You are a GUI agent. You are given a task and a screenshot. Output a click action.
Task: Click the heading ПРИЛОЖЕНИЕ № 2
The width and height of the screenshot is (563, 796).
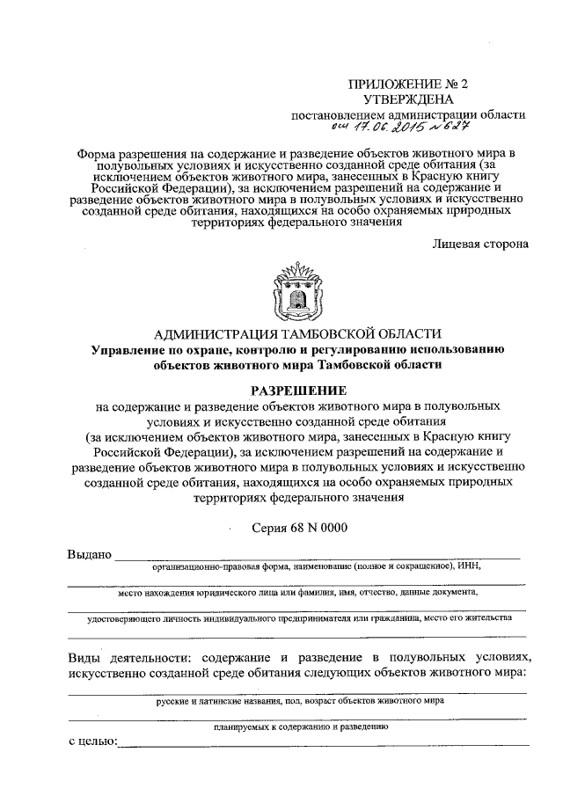(408, 84)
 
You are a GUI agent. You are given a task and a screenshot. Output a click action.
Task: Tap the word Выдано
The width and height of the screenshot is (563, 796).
(90, 554)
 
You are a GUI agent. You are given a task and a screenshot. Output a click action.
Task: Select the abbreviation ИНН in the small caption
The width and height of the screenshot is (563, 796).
(469, 567)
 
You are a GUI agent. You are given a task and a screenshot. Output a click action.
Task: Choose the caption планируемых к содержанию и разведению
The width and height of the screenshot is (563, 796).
(299, 727)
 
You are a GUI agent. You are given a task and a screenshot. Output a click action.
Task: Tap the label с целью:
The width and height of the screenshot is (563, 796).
(92, 744)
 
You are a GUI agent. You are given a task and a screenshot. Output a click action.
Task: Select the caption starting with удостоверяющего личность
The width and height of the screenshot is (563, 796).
(299, 618)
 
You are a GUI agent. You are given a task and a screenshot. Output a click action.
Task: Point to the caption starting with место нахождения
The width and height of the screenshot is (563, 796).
(299, 593)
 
